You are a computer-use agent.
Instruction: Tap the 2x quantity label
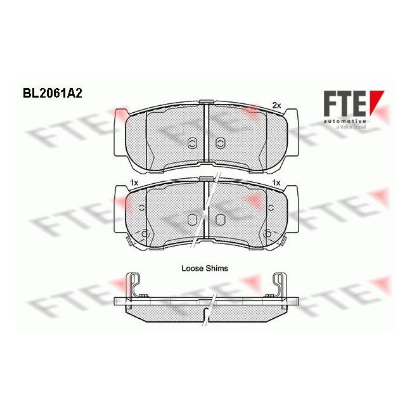coord(276,105)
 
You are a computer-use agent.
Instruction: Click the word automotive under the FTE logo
coord(344,119)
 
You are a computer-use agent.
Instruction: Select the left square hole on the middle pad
coord(193,219)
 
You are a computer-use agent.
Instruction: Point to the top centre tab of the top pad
coord(207,102)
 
